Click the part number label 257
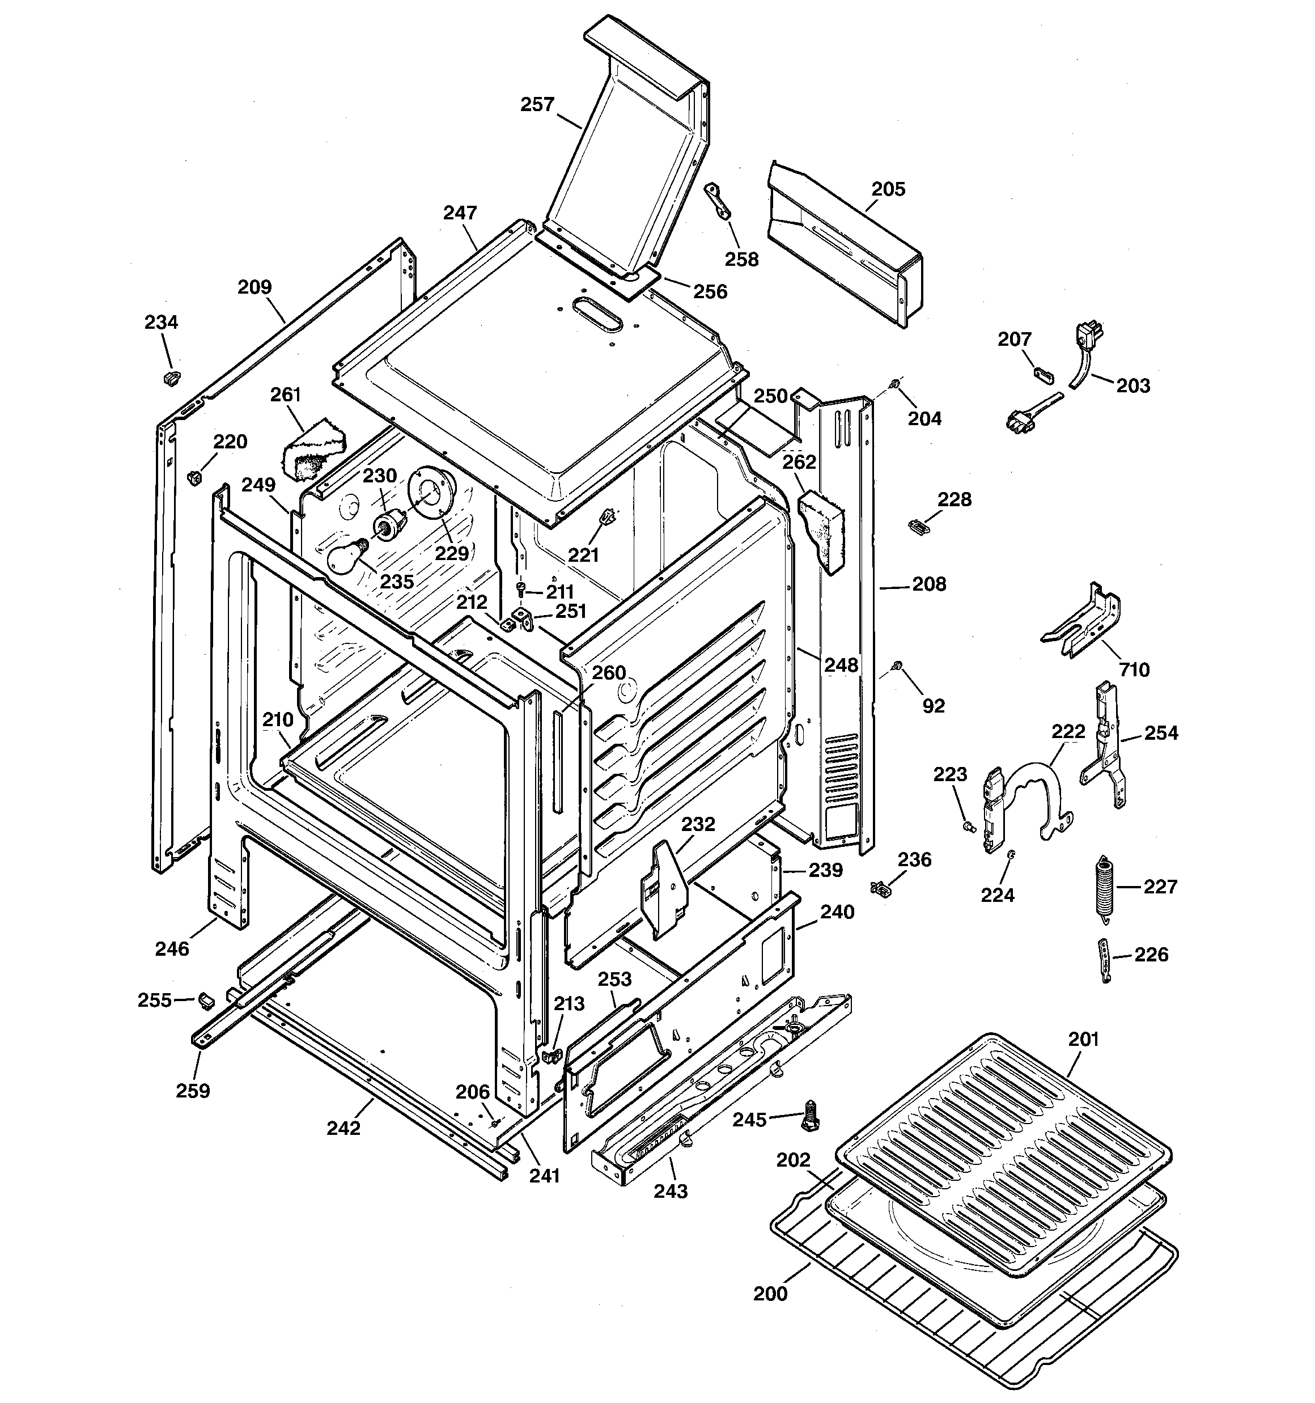(x=538, y=104)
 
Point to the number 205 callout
(x=888, y=189)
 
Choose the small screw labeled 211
(x=521, y=588)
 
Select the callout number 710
(x=1134, y=669)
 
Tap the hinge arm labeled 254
(x=1103, y=744)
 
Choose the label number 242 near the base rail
(x=343, y=1128)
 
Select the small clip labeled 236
(x=881, y=888)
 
